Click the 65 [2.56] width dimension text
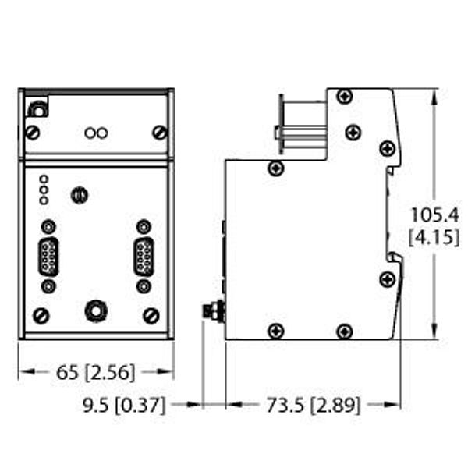(96, 373)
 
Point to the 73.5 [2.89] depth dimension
(313, 405)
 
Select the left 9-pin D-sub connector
(49, 257)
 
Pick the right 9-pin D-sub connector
(143, 257)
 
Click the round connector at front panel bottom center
(96, 310)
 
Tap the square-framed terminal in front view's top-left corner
(36, 108)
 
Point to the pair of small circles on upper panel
(96, 133)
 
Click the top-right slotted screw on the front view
(160, 132)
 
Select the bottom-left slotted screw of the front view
(41, 316)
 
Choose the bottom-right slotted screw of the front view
(151, 316)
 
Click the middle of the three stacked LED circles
(44, 189)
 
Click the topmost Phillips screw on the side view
(345, 96)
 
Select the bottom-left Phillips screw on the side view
(275, 331)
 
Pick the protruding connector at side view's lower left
(212, 312)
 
